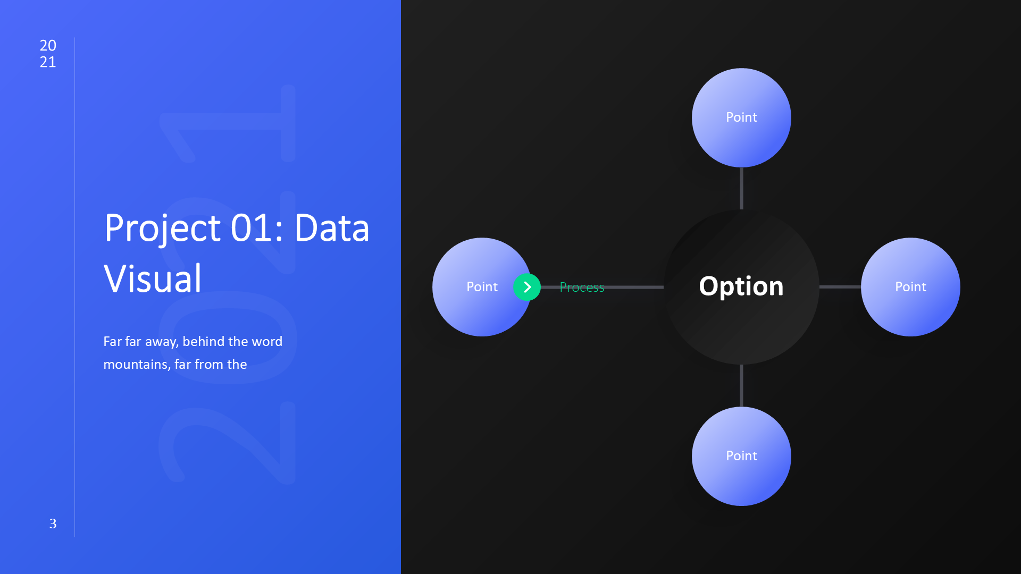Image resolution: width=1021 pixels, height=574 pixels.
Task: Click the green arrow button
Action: click(527, 287)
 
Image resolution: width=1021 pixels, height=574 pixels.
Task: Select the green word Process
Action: click(582, 288)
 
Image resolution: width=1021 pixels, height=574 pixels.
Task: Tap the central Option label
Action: click(741, 287)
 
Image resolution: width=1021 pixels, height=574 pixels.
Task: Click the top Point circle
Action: click(741, 117)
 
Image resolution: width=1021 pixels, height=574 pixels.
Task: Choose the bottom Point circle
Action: click(741, 456)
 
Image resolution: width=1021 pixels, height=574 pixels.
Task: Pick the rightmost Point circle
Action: click(910, 287)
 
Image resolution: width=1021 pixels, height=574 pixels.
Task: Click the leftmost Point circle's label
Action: click(482, 287)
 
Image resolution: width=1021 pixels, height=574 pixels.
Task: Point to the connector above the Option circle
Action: click(741, 188)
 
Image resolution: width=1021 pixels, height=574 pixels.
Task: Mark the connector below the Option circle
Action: click(741, 385)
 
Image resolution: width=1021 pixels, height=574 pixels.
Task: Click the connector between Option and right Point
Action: click(840, 287)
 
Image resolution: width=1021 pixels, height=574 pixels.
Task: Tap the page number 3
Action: click(53, 524)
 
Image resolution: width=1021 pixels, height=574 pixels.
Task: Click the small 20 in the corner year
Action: click(48, 46)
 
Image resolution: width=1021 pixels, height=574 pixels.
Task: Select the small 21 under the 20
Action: click(48, 62)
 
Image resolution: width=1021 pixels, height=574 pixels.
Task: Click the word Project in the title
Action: click(162, 229)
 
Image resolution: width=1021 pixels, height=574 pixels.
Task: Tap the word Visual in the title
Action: click(153, 278)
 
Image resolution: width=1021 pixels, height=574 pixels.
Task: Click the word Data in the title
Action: click(332, 228)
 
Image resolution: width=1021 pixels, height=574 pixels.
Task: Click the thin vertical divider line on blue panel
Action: click(74, 287)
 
